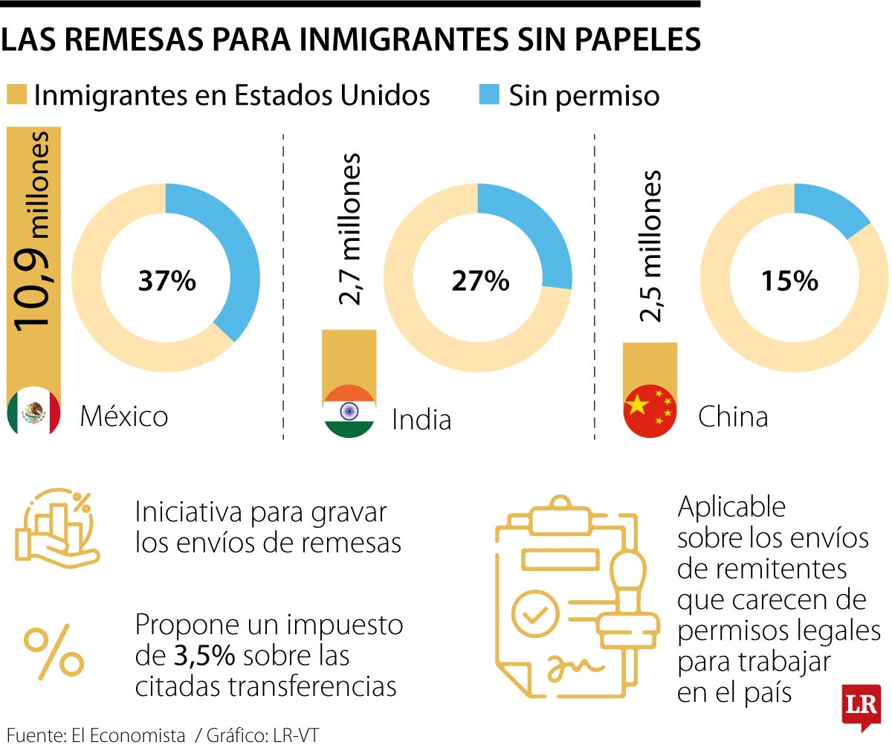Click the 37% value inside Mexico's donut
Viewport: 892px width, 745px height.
point(167,281)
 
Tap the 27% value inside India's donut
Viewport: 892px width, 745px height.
point(479,281)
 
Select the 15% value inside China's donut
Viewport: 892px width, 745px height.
point(789,281)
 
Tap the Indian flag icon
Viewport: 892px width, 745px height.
point(349,411)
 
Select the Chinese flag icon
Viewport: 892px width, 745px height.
point(650,410)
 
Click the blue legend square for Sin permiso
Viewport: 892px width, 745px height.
point(489,94)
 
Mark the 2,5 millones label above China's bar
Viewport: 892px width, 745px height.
point(650,245)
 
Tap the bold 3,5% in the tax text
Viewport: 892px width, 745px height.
point(205,657)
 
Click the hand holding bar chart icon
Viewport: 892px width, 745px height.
point(56,529)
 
